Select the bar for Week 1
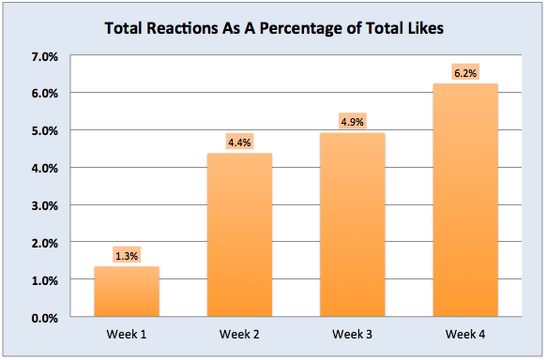point(127,292)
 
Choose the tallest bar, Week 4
point(464,202)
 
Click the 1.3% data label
point(127,256)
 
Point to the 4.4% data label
point(239,142)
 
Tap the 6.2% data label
point(464,73)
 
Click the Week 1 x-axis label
point(127,334)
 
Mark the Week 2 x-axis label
point(239,334)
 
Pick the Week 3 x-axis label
point(352,334)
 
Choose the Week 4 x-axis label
point(464,334)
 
